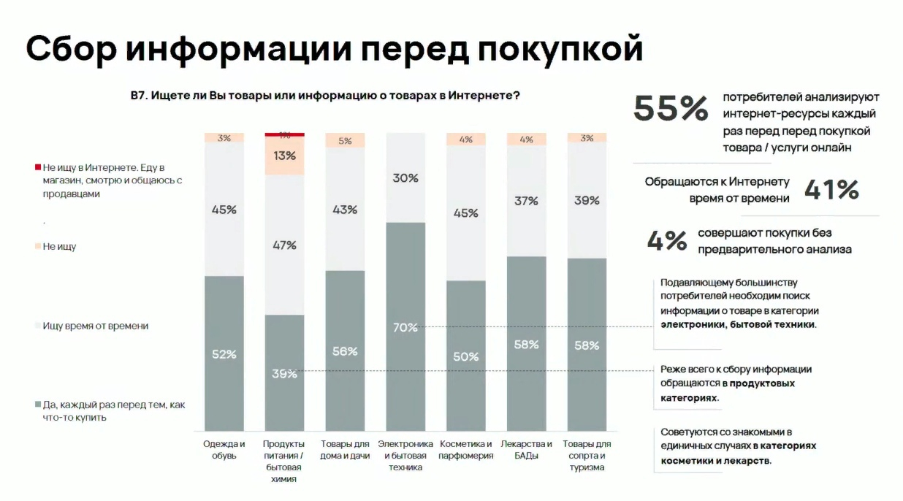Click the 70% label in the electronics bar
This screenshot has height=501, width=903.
[405, 328]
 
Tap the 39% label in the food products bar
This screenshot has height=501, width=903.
[284, 374]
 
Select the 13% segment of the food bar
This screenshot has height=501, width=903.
[284, 156]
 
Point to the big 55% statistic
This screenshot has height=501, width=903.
[671, 110]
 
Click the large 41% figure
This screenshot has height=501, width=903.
[831, 190]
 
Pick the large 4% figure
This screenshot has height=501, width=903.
[667, 241]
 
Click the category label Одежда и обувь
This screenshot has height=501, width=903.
[224, 449]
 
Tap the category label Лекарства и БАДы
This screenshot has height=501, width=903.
[526, 449]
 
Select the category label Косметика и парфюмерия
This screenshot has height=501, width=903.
[465, 449]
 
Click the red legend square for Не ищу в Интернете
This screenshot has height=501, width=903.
[37, 168]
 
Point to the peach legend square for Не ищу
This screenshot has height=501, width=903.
[37, 247]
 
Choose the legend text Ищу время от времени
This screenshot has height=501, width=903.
[95, 326]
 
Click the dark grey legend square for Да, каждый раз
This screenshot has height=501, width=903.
[37, 405]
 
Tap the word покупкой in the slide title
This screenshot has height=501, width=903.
[560, 49]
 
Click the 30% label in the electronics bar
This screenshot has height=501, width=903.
[405, 177]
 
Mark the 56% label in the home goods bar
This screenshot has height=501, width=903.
[344, 351]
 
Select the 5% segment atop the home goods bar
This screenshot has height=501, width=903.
[345, 141]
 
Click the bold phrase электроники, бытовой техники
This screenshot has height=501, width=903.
[738, 324]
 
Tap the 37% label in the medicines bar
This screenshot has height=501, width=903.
[526, 201]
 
